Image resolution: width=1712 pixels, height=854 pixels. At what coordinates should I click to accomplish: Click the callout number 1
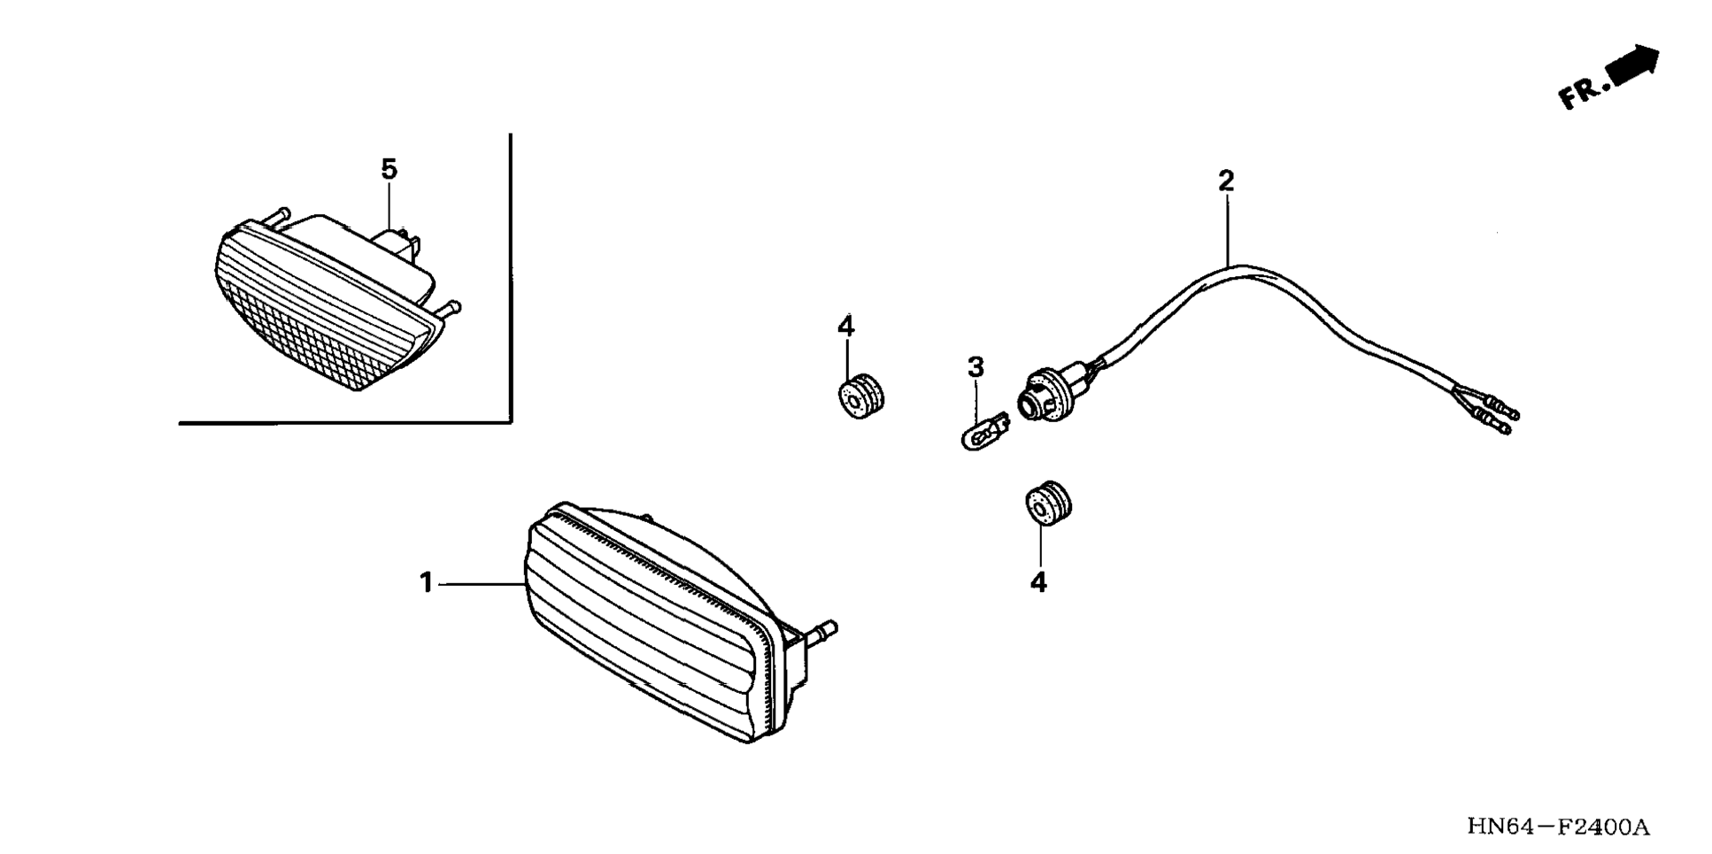click(426, 583)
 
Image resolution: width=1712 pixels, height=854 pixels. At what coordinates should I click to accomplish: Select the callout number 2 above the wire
click(1225, 181)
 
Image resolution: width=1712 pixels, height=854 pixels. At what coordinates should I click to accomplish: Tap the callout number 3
click(975, 366)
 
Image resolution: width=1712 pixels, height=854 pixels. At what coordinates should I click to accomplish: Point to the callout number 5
click(389, 168)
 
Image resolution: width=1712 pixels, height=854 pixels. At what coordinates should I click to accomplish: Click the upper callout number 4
click(845, 327)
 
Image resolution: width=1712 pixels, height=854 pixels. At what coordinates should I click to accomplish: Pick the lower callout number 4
click(1038, 582)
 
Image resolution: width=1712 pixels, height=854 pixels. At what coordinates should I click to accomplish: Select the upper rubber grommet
click(860, 396)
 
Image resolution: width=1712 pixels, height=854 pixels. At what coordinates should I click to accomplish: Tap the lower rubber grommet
click(1048, 504)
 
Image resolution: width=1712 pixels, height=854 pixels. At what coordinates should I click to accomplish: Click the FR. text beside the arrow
click(1582, 93)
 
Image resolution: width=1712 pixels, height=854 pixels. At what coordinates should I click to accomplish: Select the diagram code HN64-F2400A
click(1558, 827)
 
